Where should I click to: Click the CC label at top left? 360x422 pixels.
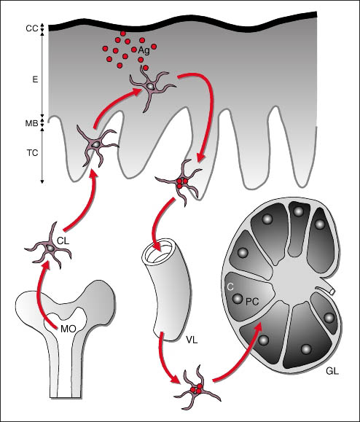32,28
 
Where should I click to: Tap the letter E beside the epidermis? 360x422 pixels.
35,80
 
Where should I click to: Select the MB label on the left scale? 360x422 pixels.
31,123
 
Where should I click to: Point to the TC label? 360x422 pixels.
32,153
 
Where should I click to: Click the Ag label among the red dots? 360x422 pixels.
144,50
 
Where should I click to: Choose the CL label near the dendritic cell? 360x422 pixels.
63,241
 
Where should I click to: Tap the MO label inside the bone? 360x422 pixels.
68,329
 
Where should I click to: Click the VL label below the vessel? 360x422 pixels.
192,340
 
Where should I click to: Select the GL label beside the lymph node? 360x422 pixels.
332,372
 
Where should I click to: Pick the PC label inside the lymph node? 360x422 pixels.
252,302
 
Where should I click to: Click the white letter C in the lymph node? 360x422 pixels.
230,287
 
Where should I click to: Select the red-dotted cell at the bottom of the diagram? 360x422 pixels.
197,388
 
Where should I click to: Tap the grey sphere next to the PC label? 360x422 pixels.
238,299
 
